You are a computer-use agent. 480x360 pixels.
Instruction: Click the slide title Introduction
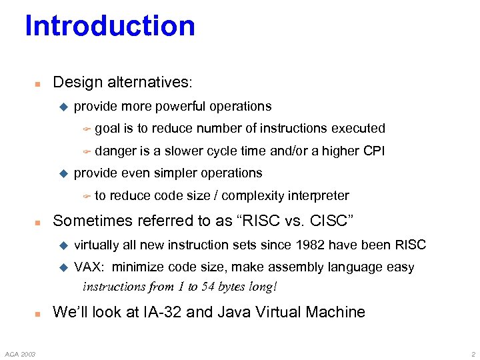110,27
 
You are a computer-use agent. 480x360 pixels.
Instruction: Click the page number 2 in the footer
472,353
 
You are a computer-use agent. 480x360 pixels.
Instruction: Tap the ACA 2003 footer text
22,353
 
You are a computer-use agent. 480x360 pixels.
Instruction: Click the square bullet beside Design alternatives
38,84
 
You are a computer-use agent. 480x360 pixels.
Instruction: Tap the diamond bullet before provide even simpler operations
64,173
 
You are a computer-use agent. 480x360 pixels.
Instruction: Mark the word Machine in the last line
336,312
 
